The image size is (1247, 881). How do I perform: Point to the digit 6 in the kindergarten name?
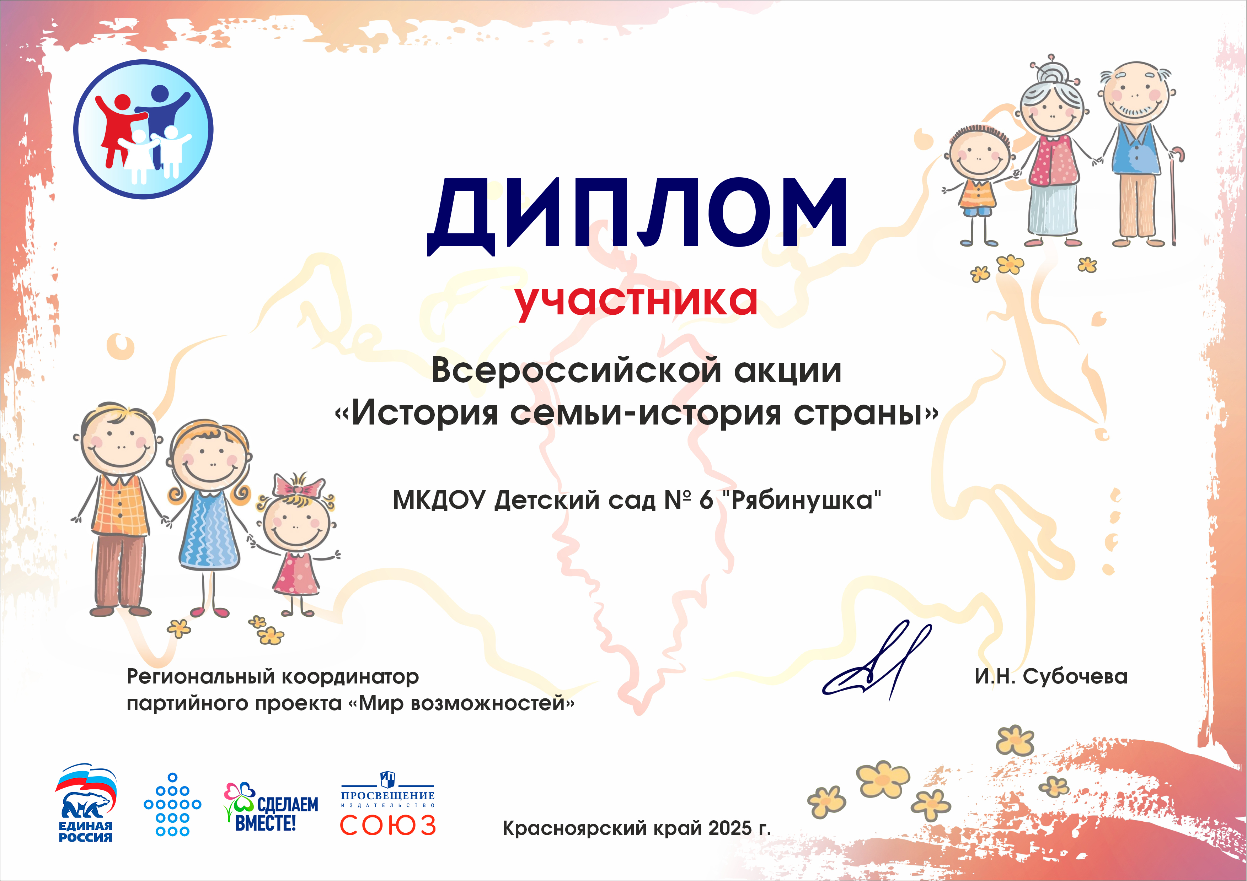[706, 500]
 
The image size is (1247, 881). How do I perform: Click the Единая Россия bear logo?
[85, 803]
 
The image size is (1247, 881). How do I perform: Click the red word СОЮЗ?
[388, 825]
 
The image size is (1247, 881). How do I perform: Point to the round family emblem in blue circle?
[143, 129]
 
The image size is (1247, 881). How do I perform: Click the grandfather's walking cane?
[1175, 195]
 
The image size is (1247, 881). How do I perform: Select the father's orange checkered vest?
[121, 505]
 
